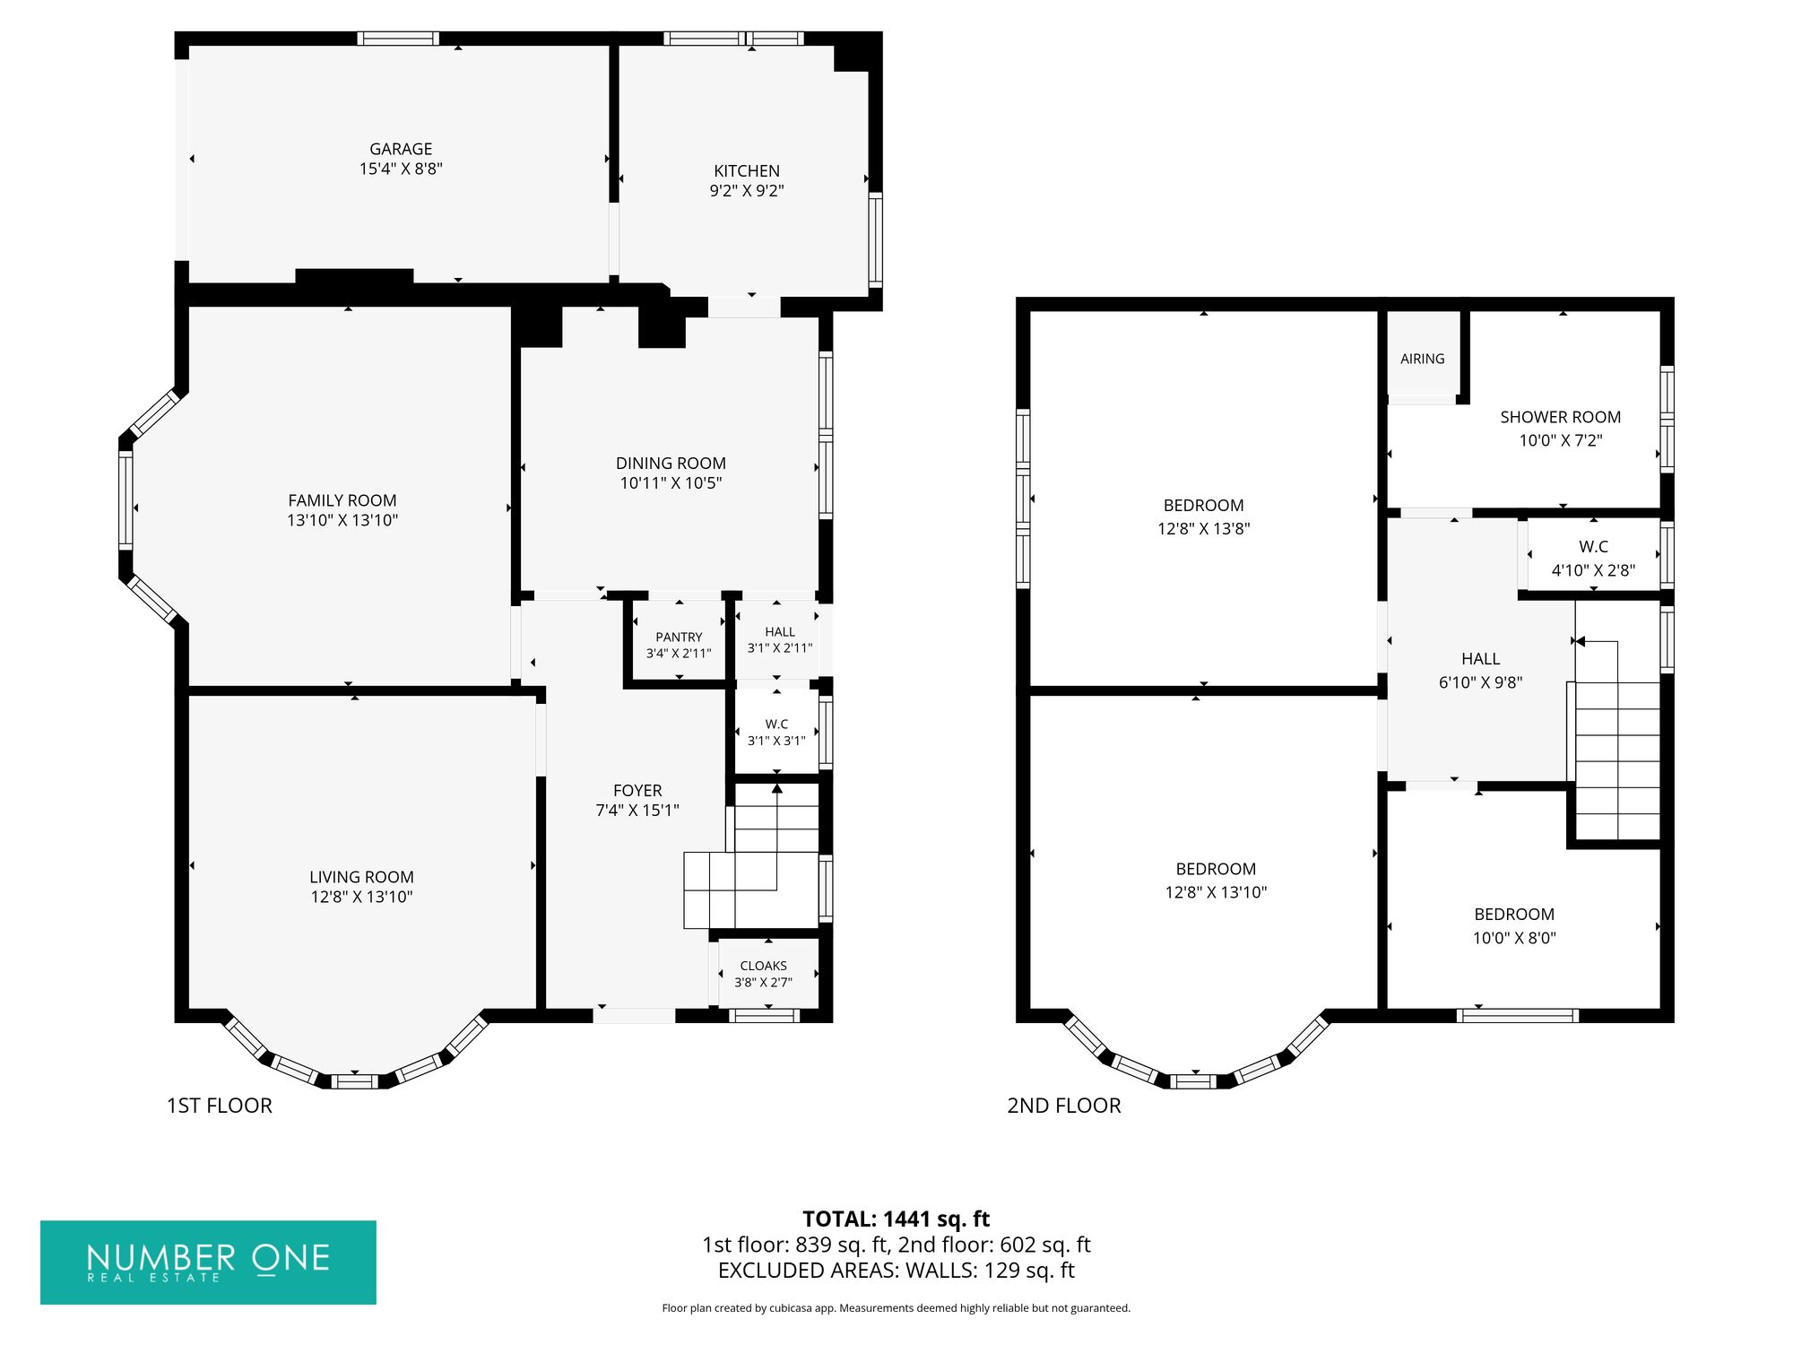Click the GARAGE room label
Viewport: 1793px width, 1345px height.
click(x=401, y=149)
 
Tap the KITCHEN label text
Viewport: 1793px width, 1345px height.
click(x=747, y=170)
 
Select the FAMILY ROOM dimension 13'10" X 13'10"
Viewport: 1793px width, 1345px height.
click(x=342, y=520)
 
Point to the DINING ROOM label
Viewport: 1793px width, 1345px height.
click(x=671, y=463)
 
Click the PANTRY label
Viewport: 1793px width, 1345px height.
click(x=679, y=638)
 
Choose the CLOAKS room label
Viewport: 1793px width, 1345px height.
click(x=764, y=966)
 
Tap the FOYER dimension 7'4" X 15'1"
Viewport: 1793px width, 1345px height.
click(x=637, y=811)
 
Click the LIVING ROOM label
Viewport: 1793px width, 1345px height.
click(x=361, y=877)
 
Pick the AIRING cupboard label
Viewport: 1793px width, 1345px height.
click(x=1423, y=359)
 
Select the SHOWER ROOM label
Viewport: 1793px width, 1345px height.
click(x=1561, y=417)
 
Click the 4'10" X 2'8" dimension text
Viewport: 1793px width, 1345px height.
click(x=1593, y=570)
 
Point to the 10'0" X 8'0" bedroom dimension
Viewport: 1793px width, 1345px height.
click(x=1514, y=938)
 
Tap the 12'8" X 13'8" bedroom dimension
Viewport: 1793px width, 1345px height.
click(x=1203, y=529)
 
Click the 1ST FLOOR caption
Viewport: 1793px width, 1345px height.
click(x=220, y=1106)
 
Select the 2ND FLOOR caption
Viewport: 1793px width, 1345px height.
click(x=1064, y=1106)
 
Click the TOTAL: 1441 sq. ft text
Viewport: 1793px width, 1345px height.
click(x=896, y=1219)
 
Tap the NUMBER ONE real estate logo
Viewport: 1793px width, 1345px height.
click(x=208, y=1262)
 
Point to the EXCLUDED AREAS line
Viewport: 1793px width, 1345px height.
click(x=896, y=1270)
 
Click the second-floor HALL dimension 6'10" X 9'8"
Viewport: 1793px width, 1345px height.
click(x=1481, y=682)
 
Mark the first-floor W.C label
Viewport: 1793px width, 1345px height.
click(x=776, y=725)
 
